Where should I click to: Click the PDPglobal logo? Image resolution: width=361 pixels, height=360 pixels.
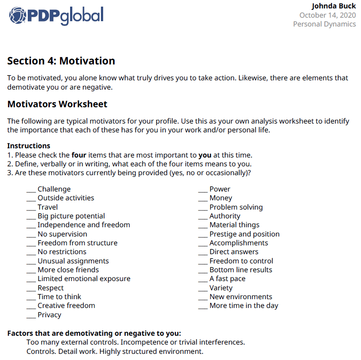(x=56, y=16)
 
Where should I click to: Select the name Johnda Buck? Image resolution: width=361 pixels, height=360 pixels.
(x=333, y=6)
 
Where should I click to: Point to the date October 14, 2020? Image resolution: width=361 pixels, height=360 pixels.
(x=327, y=15)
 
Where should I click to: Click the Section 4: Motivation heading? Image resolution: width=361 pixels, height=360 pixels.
(x=61, y=61)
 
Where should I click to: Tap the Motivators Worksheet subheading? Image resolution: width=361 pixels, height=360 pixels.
(x=57, y=104)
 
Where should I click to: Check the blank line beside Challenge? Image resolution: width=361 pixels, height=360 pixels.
(x=31, y=190)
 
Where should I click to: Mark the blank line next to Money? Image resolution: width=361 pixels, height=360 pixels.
(x=203, y=199)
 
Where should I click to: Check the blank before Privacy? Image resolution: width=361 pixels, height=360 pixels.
(x=31, y=316)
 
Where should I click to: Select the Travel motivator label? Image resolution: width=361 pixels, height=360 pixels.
(x=48, y=207)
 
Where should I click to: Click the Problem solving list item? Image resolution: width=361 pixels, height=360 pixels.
(x=236, y=207)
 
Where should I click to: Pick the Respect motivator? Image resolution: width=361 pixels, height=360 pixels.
(x=50, y=288)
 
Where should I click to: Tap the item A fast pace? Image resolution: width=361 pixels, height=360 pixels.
(x=227, y=279)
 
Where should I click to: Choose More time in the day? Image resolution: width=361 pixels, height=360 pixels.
(x=244, y=306)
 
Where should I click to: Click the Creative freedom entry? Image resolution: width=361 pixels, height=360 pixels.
(x=66, y=306)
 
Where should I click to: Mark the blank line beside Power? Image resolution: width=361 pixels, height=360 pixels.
(x=203, y=190)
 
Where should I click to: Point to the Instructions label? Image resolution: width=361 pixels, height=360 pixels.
(x=29, y=146)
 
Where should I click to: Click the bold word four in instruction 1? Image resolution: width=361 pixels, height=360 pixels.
(x=79, y=155)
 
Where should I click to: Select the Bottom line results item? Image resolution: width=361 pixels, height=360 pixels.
(x=241, y=270)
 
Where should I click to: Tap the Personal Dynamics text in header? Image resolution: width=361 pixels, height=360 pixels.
(x=324, y=24)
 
